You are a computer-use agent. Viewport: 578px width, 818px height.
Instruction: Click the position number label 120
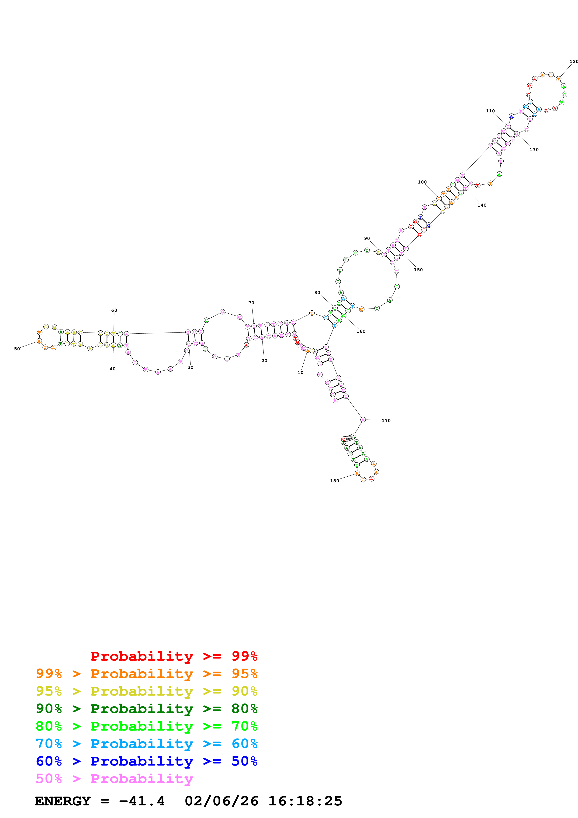pos(573,62)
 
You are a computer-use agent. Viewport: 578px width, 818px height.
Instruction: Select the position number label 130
pos(534,150)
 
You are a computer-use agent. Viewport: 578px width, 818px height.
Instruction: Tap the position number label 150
pos(418,270)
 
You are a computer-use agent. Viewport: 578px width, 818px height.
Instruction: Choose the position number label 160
pos(361,331)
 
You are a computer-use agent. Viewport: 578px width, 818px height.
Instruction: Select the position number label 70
pos(251,303)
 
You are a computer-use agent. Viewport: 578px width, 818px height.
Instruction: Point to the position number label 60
pos(114,310)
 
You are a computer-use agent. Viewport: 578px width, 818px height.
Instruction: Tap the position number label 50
pos(17,349)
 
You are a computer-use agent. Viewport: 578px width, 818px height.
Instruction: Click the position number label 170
pos(386,421)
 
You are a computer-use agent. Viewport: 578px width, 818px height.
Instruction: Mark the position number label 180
pos(334,481)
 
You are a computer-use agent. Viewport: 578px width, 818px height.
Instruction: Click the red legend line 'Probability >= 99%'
pos(174,656)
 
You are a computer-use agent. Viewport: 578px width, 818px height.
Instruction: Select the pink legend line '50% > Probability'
pos(114,779)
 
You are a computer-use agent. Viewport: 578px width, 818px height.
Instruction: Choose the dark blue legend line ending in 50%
pos(146,761)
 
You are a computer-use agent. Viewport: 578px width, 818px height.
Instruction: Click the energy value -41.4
pos(142,801)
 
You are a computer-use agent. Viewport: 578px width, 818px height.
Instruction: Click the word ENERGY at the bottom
pos(63,801)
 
